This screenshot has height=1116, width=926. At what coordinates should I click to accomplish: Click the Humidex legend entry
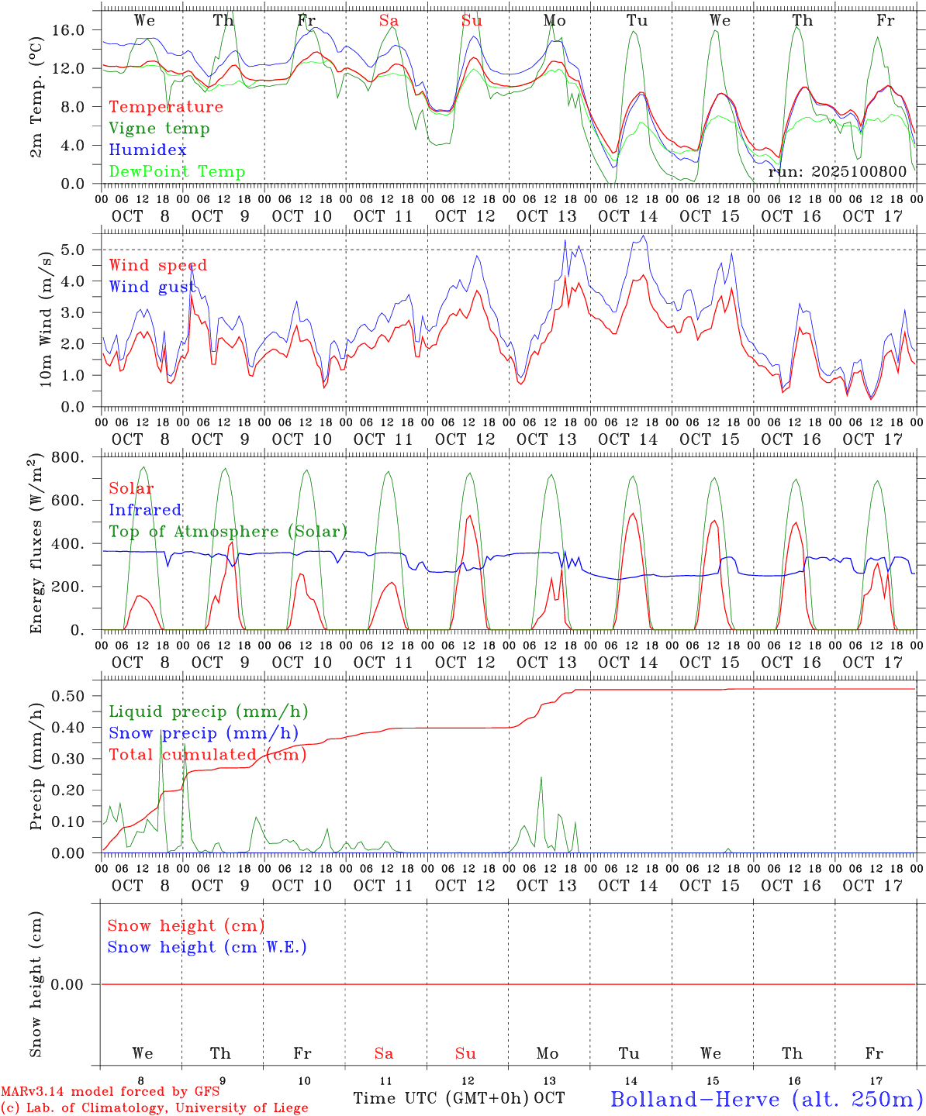pyautogui.click(x=147, y=150)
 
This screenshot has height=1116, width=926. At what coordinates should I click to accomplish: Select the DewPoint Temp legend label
pyautogui.click(x=177, y=172)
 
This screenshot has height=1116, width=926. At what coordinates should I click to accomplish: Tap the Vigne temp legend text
pyautogui.click(x=159, y=129)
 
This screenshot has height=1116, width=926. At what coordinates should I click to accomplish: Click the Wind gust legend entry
pyautogui.click(x=153, y=287)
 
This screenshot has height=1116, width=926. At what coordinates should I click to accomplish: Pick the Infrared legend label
pyautogui.click(x=145, y=510)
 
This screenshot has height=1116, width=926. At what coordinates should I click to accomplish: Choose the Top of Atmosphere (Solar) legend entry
pyautogui.click(x=227, y=532)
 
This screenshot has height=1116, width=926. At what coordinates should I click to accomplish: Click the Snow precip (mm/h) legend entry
pyautogui.click(x=203, y=733)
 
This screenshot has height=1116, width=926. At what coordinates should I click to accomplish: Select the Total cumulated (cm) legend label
pyautogui.click(x=207, y=755)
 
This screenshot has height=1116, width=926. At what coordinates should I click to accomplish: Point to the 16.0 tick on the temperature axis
pyautogui.click(x=69, y=30)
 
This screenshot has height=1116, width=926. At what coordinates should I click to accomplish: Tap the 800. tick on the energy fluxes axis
pyautogui.click(x=68, y=457)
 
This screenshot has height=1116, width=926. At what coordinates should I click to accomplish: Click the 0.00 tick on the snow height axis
pyautogui.click(x=67, y=984)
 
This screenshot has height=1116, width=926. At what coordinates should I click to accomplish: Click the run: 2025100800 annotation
pyautogui.click(x=837, y=172)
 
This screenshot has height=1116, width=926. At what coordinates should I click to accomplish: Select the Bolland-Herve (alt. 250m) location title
pyautogui.click(x=766, y=1099)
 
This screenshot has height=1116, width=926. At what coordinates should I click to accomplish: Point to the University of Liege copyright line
pyautogui.click(x=154, y=1108)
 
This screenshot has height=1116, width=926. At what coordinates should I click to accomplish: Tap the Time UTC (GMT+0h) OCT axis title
pyautogui.click(x=459, y=1098)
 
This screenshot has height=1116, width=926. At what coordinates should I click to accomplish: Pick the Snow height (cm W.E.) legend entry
pyautogui.click(x=207, y=947)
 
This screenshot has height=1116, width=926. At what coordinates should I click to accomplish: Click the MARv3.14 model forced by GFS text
pyautogui.click(x=110, y=1092)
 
